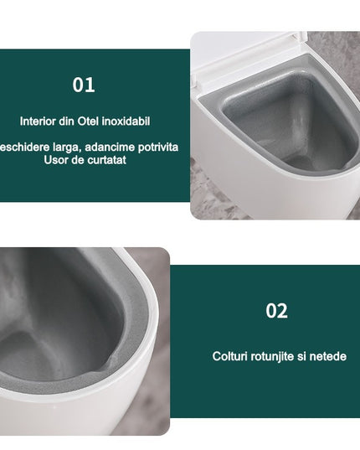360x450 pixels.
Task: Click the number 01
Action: [x=84, y=85]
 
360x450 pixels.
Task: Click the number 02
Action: [x=276, y=311]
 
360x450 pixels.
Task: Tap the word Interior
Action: [x=39, y=122]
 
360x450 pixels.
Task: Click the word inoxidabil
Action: [x=126, y=122]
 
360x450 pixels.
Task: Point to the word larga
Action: [x=67, y=147]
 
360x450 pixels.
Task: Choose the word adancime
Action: [x=110, y=147]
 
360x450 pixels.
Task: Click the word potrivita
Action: [x=158, y=147]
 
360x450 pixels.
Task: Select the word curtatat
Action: [x=106, y=160]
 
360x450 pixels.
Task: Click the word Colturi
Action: [x=230, y=356]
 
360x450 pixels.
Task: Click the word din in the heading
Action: [x=67, y=122]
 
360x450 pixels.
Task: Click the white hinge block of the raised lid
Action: [x=300, y=38]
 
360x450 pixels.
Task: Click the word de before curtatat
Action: [x=77, y=160]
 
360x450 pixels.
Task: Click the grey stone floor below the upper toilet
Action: [x=212, y=198]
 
